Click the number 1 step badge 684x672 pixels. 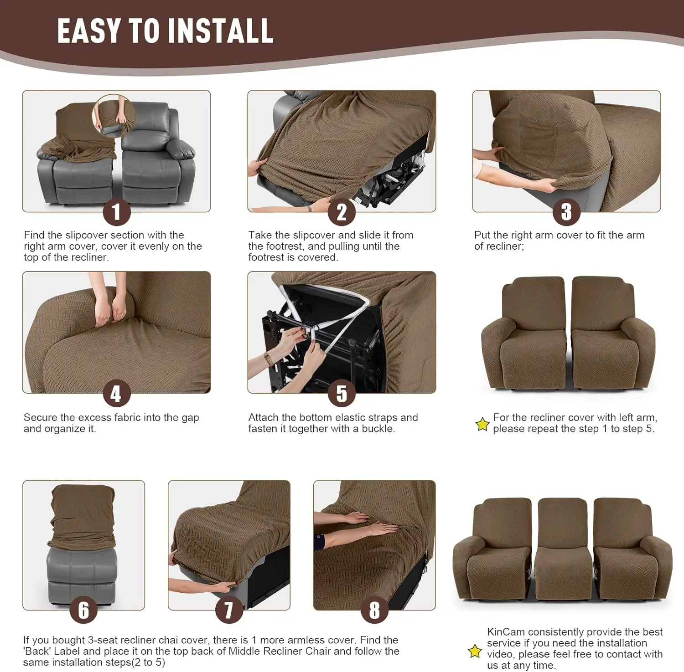[116, 212]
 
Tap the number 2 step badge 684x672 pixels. [342, 212]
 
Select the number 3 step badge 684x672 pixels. [566, 212]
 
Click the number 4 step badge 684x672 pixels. [116, 394]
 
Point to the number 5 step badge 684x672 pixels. [342, 394]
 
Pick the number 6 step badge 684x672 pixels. [83, 610]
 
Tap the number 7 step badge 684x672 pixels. [228, 610]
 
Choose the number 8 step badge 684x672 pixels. [374, 610]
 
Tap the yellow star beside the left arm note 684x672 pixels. [482, 425]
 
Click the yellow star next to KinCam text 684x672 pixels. [475, 651]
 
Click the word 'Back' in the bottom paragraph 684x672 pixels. [38, 651]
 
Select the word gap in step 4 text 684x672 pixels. [190, 417]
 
